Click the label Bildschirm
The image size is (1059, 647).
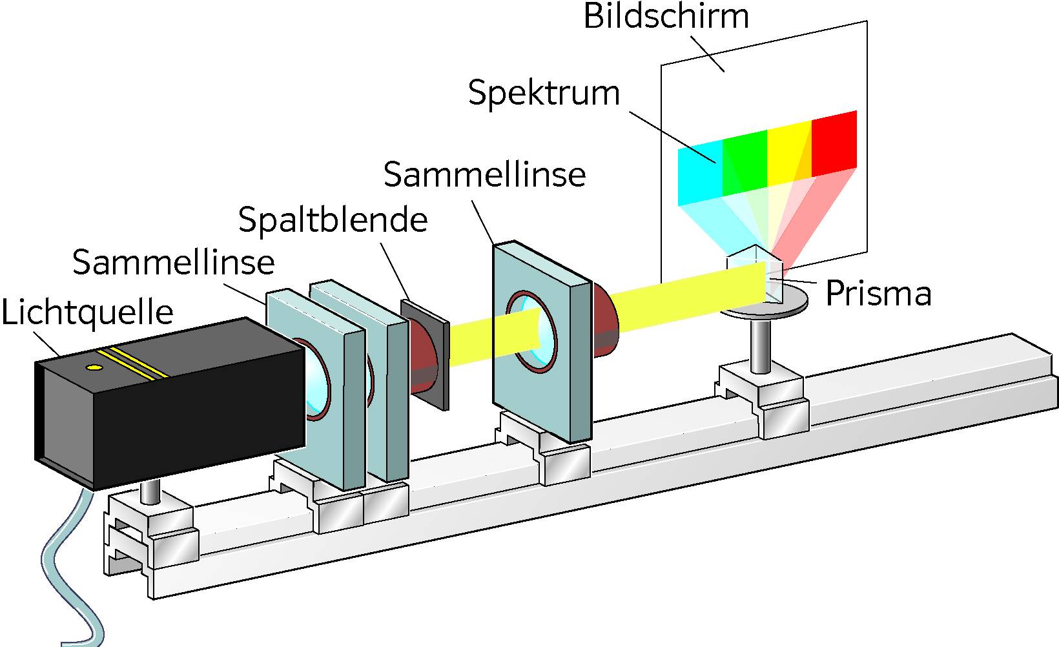tap(666, 16)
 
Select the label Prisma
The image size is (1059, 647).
tap(878, 294)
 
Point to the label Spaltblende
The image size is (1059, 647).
tap(333, 220)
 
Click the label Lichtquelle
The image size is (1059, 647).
tap(87, 313)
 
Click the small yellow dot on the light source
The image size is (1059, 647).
tap(94, 367)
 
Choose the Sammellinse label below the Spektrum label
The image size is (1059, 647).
tap(484, 175)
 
